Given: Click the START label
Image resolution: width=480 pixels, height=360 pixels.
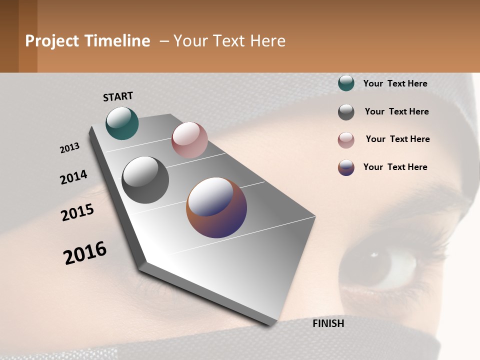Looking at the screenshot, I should point(118,96).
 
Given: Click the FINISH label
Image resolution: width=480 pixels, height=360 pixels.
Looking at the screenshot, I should point(328,323).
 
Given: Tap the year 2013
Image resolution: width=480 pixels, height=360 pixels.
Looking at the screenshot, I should point(69,148).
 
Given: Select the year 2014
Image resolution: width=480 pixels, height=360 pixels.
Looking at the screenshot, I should point(73,177).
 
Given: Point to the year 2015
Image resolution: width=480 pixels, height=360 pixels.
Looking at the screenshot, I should point(77,212).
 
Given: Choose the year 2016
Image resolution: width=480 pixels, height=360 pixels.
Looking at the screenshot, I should point(85,253).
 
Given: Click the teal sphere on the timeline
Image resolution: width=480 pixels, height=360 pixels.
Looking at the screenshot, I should point(122,123).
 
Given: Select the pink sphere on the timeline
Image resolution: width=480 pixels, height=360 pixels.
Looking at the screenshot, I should point(189,140).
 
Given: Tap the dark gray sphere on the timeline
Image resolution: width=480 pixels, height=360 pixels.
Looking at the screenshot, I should point(145,180).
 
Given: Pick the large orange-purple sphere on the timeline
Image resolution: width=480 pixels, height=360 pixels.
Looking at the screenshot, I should point(216,207).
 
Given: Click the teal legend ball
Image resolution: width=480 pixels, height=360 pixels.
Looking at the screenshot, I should point(346,83).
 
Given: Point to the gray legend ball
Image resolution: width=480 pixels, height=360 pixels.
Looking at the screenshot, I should point(346,112).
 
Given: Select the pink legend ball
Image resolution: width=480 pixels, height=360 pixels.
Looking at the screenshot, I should point(346,140).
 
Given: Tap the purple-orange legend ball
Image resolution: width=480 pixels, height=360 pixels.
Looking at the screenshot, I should point(346,167).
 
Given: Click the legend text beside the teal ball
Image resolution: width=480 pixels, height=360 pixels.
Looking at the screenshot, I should point(395,83).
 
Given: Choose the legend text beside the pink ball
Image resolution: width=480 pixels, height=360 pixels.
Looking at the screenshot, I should point(397,139).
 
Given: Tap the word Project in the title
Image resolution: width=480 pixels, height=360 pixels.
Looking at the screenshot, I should point(52,41).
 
